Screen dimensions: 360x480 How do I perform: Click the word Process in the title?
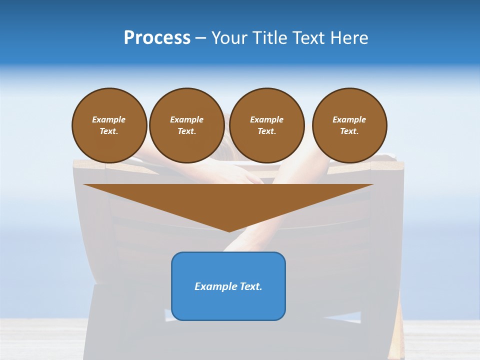tap(157, 38)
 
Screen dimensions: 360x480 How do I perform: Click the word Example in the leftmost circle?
tap(109, 119)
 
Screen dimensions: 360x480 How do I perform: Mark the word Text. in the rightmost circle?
tap(349, 131)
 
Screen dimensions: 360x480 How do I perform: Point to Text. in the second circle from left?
tap(186, 131)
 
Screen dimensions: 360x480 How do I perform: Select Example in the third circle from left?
tap(266, 119)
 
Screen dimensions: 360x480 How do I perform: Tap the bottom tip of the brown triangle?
tap(229, 230)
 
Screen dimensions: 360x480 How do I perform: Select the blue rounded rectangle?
tap(228, 305)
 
